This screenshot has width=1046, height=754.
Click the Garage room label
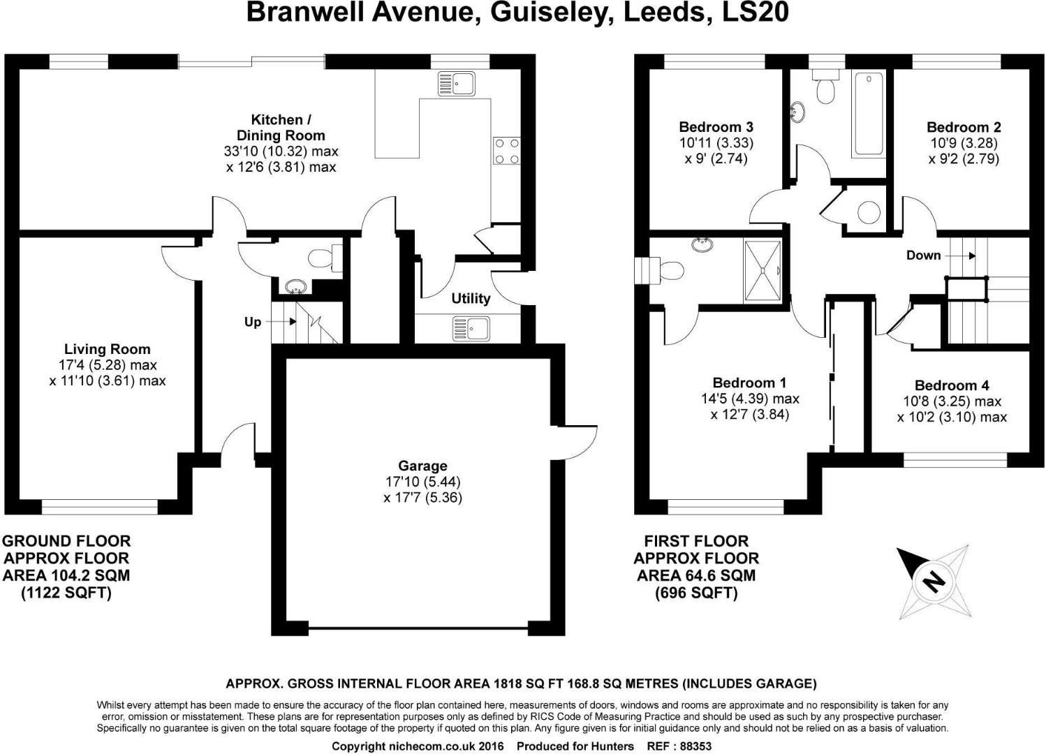[x=422, y=466]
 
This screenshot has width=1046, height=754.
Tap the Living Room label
[x=107, y=349]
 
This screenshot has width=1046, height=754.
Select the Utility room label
[x=471, y=299]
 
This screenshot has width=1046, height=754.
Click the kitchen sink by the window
[x=457, y=83]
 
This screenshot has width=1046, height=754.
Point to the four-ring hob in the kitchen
[x=507, y=150]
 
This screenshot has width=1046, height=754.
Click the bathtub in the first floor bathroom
[x=869, y=113]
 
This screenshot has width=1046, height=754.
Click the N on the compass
[x=932, y=581]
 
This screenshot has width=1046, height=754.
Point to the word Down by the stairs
[x=923, y=256]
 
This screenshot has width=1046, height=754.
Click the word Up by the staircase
[x=253, y=322]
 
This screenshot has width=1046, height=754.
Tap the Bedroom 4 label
[x=952, y=385]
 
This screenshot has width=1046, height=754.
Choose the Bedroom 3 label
[x=716, y=127]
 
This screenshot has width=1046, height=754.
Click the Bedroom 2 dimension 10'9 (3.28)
[x=964, y=143]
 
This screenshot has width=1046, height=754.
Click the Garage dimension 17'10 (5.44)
[x=422, y=482]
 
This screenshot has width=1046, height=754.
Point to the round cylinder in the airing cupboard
[x=869, y=212]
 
